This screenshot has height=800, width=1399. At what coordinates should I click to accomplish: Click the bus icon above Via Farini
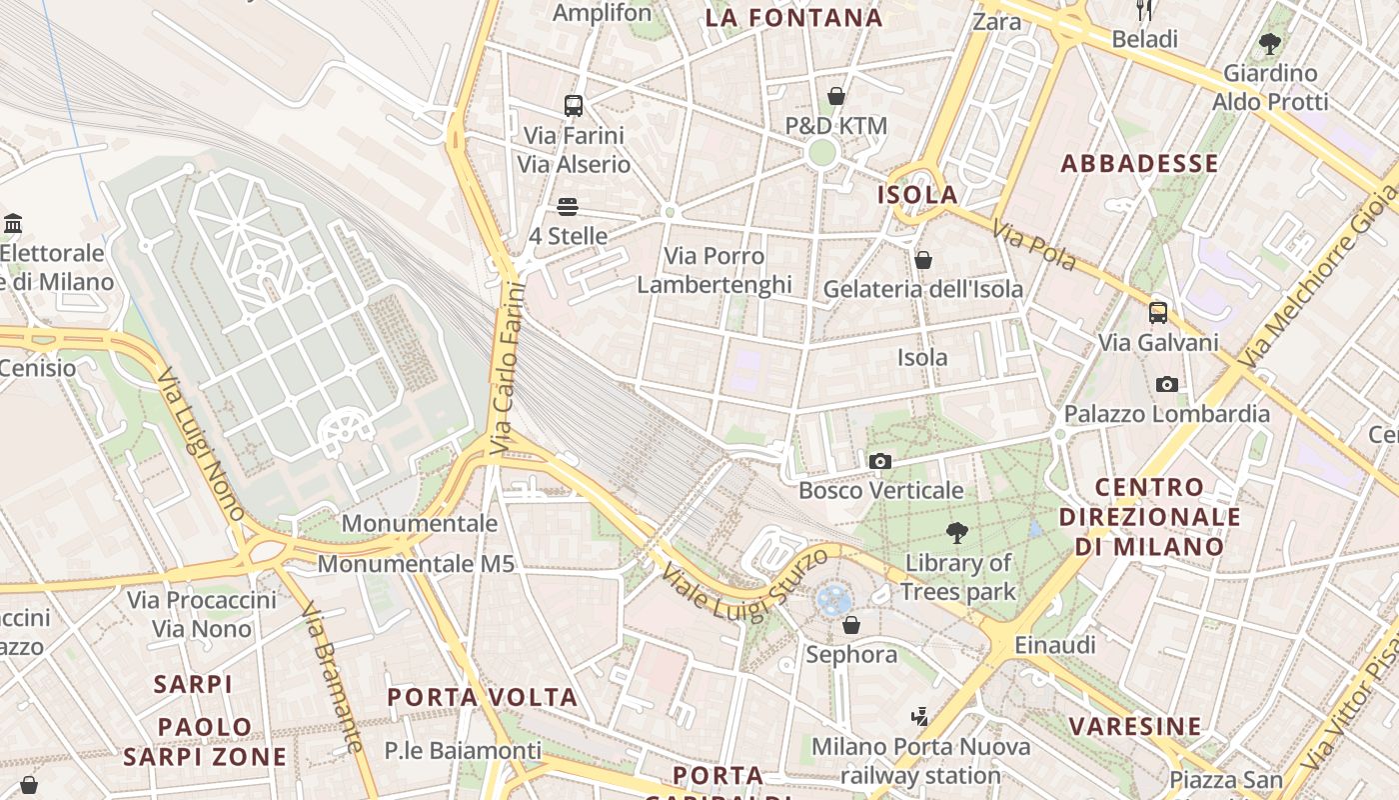(x=574, y=105)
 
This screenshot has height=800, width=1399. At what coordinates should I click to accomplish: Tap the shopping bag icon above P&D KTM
(x=836, y=96)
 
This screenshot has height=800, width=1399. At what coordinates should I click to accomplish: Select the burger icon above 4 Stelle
(x=568, y=207)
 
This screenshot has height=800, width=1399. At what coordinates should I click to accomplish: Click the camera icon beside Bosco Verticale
(x=880, y=461)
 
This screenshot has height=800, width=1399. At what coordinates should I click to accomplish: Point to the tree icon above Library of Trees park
(x=957, y=533)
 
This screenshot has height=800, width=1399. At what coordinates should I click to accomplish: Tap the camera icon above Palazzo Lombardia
(x=1166, y=384)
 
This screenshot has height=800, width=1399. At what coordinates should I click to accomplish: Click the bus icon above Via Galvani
(x=1158, y=312)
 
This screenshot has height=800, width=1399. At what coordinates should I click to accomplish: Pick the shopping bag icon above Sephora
(x=851, y=625)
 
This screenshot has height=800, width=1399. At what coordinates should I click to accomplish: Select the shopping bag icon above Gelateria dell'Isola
(x=923, y=260)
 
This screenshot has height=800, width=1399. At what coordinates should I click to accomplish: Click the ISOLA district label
(x=917, y=195)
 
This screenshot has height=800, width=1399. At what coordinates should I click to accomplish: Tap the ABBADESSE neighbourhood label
(x=1139, y=164)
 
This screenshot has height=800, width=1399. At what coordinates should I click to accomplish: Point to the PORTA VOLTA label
(x=483, y=697)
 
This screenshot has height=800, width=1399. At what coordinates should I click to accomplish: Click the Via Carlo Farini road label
(x=509, y=369)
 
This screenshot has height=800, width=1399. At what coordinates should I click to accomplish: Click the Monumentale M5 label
(x=416, y=564)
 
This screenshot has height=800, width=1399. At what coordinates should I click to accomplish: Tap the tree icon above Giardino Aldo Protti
(x=1270, y=43)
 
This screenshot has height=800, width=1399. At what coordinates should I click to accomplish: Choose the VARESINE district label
(x=1135, y=726)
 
